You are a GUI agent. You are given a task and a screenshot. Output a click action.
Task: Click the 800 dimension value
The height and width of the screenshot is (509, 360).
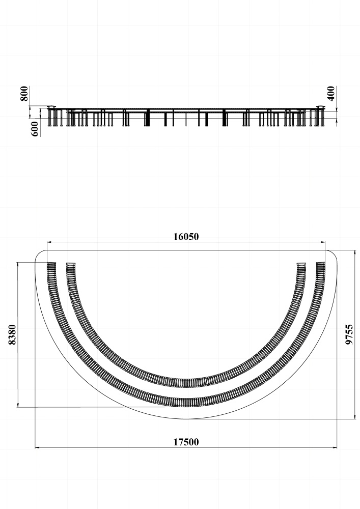(24, 94)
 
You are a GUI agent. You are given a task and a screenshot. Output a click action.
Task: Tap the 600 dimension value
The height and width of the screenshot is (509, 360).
(35, 129)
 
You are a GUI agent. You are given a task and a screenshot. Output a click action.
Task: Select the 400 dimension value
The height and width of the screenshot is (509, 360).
(331, 94)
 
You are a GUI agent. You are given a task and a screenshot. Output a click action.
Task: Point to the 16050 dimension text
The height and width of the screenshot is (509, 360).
(186, 237)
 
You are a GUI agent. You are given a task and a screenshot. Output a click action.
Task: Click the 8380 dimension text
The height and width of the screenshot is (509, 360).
(12, 335)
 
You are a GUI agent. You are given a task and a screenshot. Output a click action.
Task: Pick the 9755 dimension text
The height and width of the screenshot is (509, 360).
(349, 334)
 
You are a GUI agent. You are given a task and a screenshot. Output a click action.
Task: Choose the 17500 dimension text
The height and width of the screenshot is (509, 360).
(186, 442)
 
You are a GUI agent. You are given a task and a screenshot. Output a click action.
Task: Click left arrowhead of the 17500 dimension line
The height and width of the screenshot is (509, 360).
(37, 447)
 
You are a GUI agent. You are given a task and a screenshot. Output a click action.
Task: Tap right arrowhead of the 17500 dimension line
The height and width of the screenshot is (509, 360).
(335, 447)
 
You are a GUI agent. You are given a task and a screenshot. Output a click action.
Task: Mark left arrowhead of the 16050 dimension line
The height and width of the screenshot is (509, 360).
(49, 242)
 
